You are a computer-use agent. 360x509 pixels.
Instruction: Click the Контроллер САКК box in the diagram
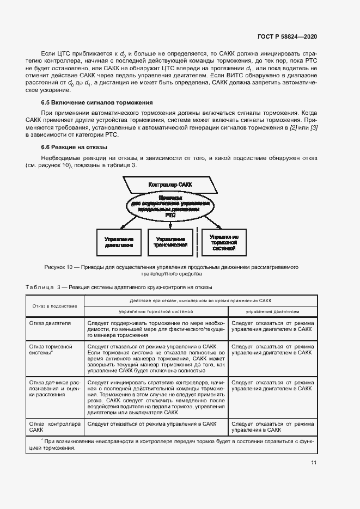click(170, 185)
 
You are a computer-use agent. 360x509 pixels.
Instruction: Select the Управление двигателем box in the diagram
click(119, 241)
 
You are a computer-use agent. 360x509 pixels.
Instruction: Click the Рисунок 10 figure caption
click(171, 271)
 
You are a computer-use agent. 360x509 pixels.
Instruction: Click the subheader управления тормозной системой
click(156, 312)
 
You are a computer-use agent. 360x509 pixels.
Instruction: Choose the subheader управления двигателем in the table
click(272, 312)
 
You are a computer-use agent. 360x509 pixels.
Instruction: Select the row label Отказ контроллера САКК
click(54, 426)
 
